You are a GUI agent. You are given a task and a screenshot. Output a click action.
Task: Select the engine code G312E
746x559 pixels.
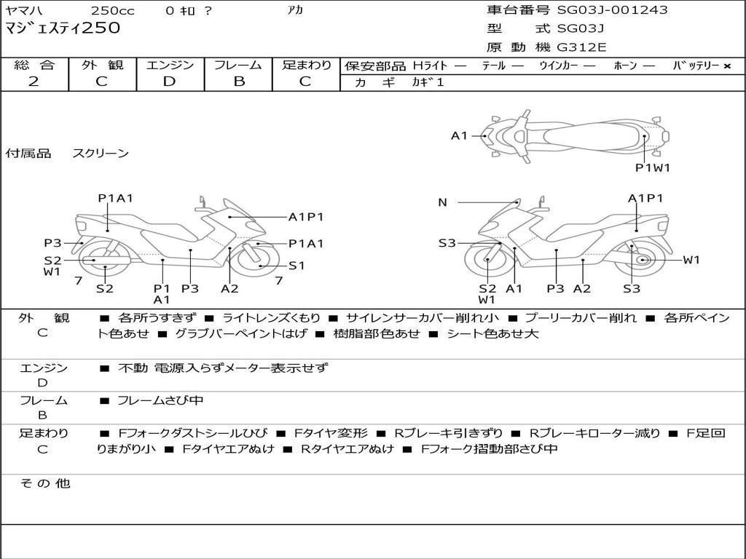pos(581,47)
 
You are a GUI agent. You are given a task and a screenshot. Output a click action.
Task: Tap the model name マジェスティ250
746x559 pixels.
pos(63,28)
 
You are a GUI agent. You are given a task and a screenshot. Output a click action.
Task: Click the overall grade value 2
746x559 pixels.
pos(34,82)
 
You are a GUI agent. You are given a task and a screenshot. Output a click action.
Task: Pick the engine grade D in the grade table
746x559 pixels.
pos(169,82)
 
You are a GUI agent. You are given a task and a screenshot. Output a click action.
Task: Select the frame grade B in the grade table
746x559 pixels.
pos(238,82)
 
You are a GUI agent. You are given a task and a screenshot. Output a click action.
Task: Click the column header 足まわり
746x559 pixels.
pos(306,65)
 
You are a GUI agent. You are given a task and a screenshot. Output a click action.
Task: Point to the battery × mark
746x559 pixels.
pos(726,66)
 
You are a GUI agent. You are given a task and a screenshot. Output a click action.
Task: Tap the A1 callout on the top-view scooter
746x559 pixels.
pos(459,135)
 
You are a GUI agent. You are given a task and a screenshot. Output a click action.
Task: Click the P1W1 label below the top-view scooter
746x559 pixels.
pos(652,167)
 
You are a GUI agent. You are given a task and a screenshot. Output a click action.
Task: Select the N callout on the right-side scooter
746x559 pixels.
pos(442,202)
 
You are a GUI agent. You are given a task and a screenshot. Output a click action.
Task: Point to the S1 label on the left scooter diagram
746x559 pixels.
pos(297,266)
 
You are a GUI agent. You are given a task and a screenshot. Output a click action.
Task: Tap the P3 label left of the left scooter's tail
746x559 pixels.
pos(52,243)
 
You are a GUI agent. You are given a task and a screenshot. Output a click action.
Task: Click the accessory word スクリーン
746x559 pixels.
pos(101,154)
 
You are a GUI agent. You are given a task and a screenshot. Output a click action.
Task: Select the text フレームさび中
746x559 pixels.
pos(160,400)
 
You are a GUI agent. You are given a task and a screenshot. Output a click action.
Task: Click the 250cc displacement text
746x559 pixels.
pos(113,10)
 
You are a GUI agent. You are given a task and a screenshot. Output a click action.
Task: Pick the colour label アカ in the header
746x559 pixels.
pos(294,10)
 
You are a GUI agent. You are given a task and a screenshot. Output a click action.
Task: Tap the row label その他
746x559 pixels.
pos(44,483)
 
